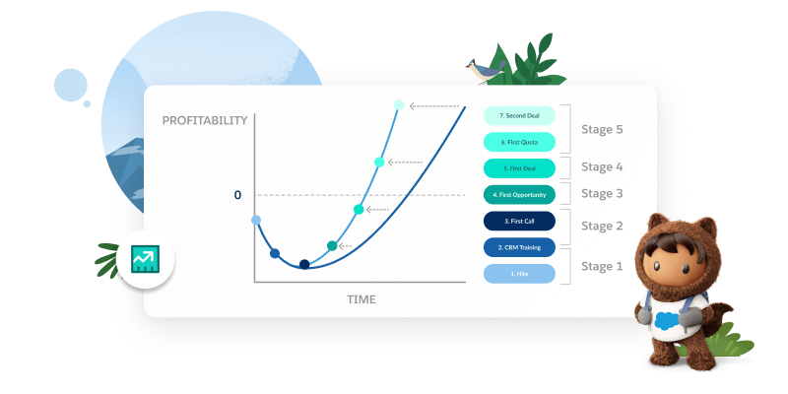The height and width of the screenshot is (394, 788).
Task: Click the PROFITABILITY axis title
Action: tap(205, 120)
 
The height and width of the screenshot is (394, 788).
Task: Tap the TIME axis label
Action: tap(361, 298)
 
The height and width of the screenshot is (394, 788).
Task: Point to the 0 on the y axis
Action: tap(237, 195)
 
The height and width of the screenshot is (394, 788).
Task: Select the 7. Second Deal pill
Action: tap(520, 115)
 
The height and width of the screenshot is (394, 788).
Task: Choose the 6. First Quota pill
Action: tap(520, 142)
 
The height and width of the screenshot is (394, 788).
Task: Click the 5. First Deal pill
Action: tap(520, 168)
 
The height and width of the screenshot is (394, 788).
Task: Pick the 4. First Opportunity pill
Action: tap(520, 195)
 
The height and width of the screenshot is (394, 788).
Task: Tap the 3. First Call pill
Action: tap(520, 222)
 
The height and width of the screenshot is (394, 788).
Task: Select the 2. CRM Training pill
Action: tap(520, 247)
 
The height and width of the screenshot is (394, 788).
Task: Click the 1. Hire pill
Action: tap(520, 274)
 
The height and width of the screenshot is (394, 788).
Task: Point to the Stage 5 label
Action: tap(602, 129)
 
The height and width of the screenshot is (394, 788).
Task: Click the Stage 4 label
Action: tap(602, 166)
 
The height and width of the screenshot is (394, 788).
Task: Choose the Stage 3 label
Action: tap(602, 193)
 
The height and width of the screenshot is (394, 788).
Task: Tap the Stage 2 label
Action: tap(602, 226)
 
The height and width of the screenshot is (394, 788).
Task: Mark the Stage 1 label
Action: tap(602, 265)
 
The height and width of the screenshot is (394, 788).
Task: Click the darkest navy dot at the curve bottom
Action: tap(304, 264)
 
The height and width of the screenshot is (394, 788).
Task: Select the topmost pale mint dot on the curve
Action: tap(399, 104)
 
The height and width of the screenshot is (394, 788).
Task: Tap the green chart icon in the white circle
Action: tap(145, 260)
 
